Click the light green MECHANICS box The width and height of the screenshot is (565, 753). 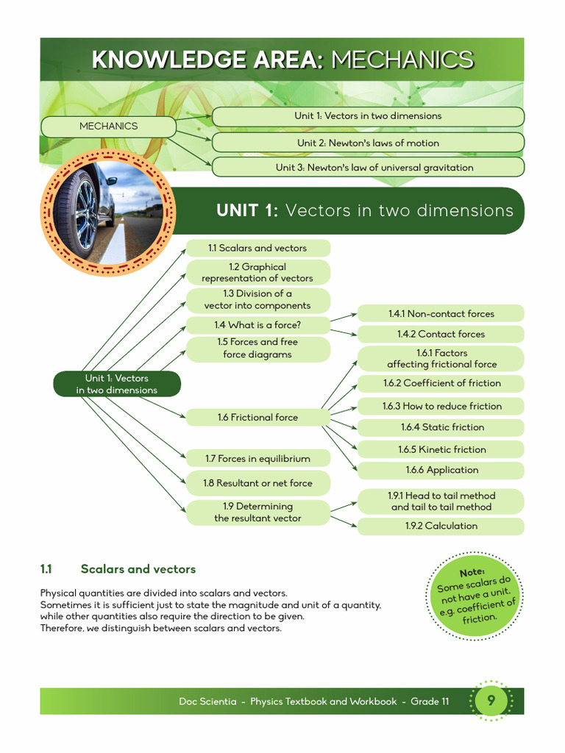pos(108,126)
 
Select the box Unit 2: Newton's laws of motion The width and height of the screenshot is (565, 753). pos(368,143)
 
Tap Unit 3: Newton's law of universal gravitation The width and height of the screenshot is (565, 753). pos(368,167)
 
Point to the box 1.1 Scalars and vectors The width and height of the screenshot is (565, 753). pos(257,248)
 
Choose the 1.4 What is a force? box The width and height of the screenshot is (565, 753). pos(257,324)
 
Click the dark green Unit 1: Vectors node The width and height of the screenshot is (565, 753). pos(116,384)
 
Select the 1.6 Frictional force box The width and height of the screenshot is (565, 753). pos(257,417)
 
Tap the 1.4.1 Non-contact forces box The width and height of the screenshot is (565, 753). pos(441,313)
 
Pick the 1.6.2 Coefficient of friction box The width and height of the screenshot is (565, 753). pos(441,383)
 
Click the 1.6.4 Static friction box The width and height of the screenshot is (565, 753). pos(441,427)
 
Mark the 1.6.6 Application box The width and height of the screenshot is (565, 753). pos(441,470)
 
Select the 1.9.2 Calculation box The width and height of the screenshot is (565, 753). pos(441,526)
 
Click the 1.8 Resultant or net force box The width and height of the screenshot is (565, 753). pos(257,483)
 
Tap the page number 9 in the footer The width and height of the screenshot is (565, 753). pos(490,702)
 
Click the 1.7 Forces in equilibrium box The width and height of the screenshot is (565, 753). pos(257,459)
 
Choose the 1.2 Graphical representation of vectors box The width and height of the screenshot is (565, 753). pos(257,272)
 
